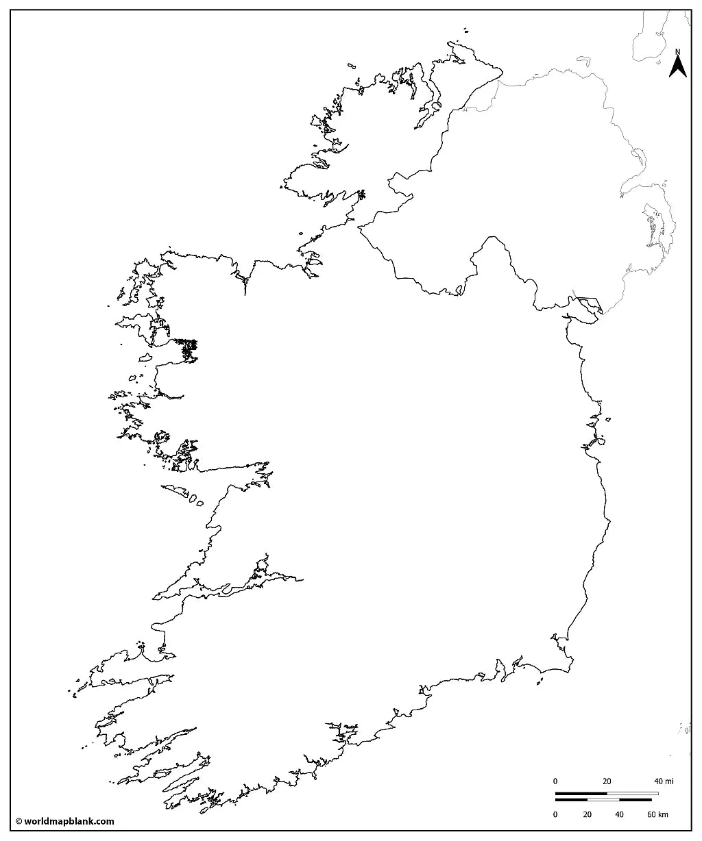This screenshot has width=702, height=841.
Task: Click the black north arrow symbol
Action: coord(678,66)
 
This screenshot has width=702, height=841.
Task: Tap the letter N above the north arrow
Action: coord(678,51)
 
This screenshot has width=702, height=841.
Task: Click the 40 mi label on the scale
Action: coord(663,781)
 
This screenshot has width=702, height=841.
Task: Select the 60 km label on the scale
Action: coord(657,814)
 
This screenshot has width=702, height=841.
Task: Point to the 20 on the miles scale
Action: coord(607,781)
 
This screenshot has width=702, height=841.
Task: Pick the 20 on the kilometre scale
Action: coord(588,814)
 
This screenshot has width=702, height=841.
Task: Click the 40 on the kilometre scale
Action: coord(619,814)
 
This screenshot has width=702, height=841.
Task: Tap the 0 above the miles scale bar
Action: coord(556,781)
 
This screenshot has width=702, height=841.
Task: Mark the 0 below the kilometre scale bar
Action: coord(556,814)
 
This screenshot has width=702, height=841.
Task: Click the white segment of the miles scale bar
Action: coord(632,794)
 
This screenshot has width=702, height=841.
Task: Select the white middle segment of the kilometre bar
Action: coord(603,799)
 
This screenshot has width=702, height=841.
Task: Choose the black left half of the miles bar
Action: coord(581,794)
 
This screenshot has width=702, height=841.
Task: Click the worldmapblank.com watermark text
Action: coord(69,822)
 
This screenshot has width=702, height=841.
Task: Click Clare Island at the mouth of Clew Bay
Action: coord(145,358)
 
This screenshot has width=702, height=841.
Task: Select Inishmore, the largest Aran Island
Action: coord(176,490)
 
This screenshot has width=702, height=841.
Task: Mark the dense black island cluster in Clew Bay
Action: coord(189,349)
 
